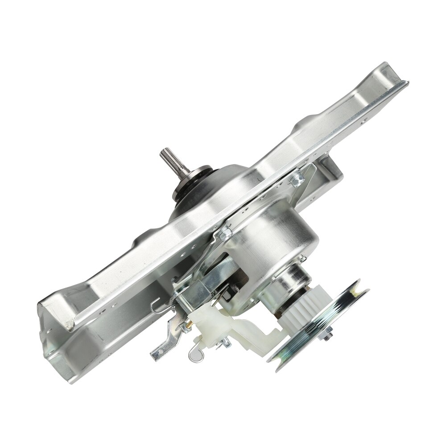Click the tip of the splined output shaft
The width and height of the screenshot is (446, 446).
click(x=163, y=153)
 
